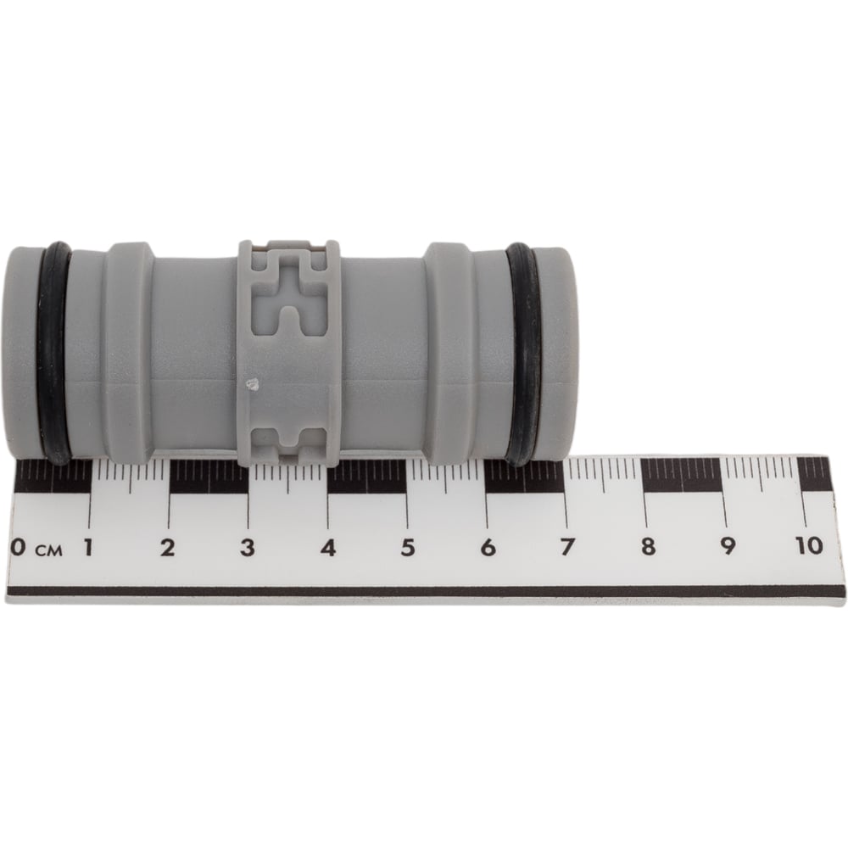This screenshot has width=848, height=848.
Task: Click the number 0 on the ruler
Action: pos(18,547)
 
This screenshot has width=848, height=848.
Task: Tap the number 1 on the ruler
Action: pos(87,547)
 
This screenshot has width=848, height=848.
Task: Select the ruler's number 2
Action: pos(168,547)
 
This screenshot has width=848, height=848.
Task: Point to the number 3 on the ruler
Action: pos(248,547)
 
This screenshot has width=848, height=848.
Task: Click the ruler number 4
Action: pos(328,547)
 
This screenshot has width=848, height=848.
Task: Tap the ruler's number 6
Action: pos(488,547)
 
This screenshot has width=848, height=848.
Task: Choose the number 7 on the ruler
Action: pos(566,547)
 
